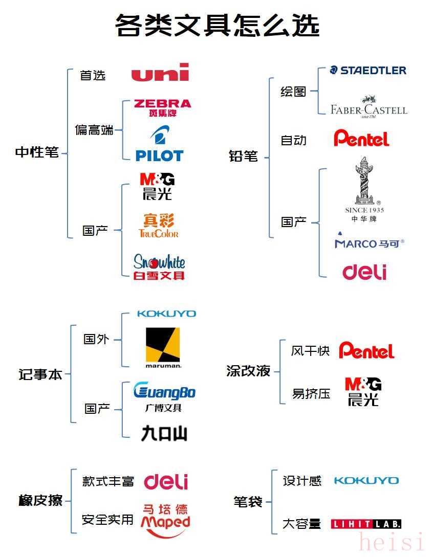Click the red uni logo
160,73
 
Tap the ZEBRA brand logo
162,108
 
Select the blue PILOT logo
159,144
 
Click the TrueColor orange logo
159,226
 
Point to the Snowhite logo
159,267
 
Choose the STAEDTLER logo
368,71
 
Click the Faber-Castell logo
369,106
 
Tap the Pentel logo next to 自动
361,138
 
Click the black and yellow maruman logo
163,348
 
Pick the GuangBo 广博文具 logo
164,397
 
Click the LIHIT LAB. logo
366,524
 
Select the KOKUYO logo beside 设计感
366,481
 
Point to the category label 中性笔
37,152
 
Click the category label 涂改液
249,371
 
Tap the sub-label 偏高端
94,130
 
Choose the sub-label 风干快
310,351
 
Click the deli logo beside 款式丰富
166,482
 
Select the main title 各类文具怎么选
217,25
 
